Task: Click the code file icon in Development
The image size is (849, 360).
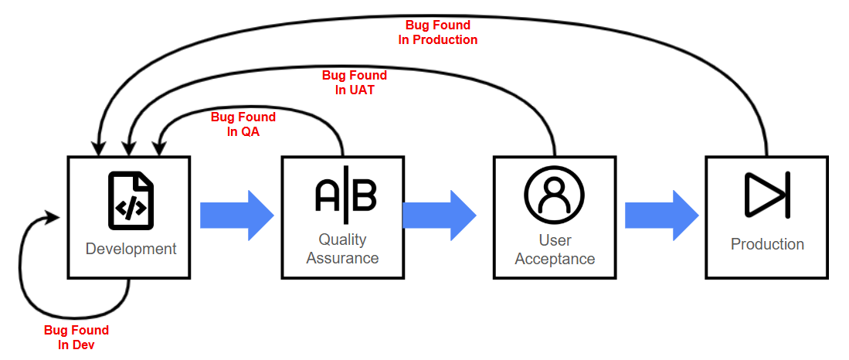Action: [x=131, y=199]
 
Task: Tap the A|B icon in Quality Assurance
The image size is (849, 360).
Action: [x=345, y=194]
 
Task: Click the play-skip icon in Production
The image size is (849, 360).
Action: [x=766, y=195]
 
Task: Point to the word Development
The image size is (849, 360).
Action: [x=131, y=249]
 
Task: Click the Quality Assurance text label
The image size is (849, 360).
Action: [x=342, y=249]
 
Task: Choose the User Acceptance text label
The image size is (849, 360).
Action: [x=555, y=249]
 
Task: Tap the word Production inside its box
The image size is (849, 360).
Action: [x=767, y=244]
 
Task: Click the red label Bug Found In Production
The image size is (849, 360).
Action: [x=438, y=32]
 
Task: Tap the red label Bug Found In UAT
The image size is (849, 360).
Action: [x=355, y=83]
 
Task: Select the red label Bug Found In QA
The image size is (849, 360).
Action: [x=243, y=124]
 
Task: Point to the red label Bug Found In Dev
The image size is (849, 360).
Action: [x=76, y=337]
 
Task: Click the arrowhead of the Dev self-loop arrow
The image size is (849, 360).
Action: [x=54, y=216]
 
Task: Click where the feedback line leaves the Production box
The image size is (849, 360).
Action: [x=766, y=155]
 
